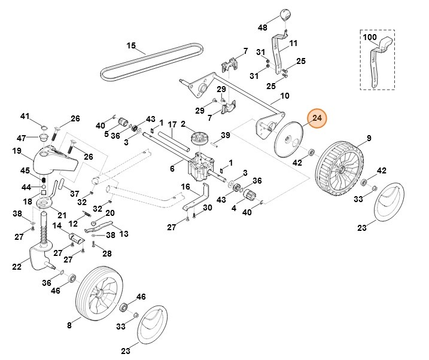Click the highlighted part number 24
[317, 118]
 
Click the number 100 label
[370, 36]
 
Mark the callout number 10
[284, 96]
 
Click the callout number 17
[172, 125]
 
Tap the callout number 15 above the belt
[132, 45]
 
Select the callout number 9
[369, 139]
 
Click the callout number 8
[69, 325]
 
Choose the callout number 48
[263, 28]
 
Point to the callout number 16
[185, 187]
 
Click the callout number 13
[124, 234]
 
